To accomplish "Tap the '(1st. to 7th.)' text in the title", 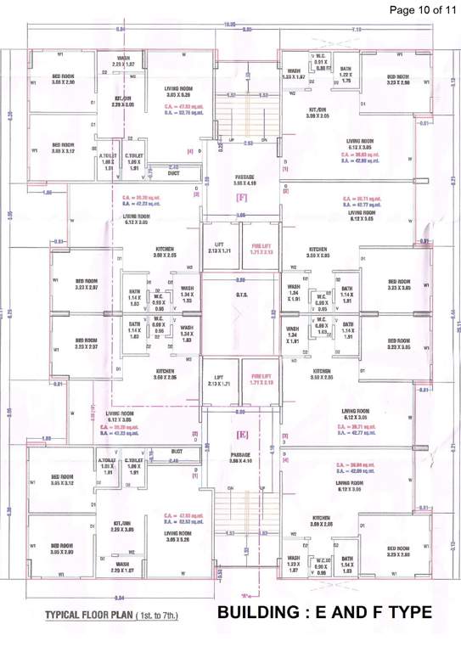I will (161, 614).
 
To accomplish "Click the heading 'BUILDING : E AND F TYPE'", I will (324, 612).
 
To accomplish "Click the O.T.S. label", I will (241, 294).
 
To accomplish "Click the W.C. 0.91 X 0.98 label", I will (320, 65).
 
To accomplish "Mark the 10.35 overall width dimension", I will (229, 25).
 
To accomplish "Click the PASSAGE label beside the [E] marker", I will (243, 458).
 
